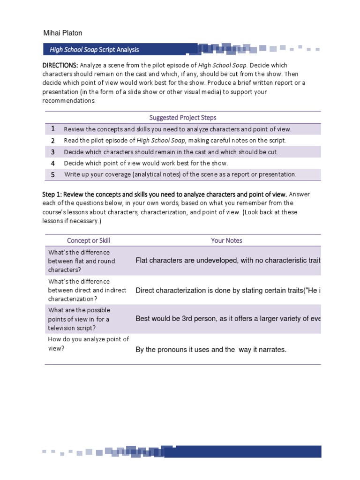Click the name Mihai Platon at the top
63,33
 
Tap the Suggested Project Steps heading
183,118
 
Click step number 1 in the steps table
53,129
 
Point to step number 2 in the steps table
53,140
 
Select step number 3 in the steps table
53,152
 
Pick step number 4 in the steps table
53,163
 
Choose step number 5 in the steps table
53,174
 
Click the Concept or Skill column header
89,240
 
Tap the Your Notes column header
226,240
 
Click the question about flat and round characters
82,261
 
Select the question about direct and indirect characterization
87,290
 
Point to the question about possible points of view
79,319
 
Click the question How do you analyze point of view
89,344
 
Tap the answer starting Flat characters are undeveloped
228,261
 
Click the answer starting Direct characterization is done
228,290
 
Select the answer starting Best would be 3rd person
228,319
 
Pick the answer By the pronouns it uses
210,350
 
